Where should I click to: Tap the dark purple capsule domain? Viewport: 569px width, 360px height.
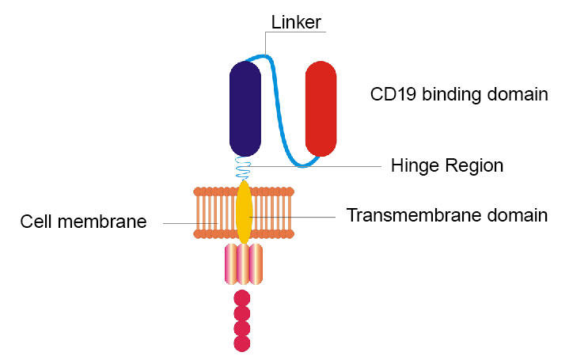click(x=245, y=108)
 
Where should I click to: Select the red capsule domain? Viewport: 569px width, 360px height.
click(x=321, y=108)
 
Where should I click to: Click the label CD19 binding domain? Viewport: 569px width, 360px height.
click(x=459, y=95)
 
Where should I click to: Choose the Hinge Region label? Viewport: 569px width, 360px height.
click(x=447, y=166)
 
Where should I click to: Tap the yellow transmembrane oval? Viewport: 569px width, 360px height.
click(x=245, y=212)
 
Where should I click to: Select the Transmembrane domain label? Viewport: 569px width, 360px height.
click(x=447, y=214)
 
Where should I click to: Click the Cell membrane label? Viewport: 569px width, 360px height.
click(x=83, y=222)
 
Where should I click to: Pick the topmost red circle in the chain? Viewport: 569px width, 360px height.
click(x=243, y=298)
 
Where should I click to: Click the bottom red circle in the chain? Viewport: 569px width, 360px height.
click(x=243, y=343)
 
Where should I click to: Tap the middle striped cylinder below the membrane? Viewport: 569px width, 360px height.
click(x=244, y=264)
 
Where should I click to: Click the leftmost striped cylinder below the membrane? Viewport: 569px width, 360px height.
click(x=231, y=264)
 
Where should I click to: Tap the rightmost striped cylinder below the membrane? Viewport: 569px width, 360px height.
click(x=256, y=264)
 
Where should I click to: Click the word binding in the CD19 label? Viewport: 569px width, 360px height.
click(x=448, y=95)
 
